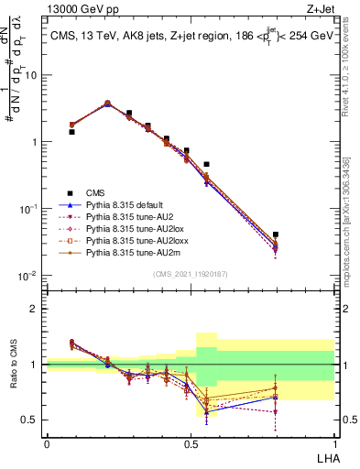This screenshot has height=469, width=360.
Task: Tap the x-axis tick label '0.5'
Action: coord(190,442)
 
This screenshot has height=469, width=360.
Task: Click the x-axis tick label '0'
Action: coord(47,442)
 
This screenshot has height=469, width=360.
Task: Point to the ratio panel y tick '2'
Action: coord(38,309)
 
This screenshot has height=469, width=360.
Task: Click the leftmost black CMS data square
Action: coord(72,132)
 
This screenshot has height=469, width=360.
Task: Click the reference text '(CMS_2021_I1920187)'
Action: coord(191,273)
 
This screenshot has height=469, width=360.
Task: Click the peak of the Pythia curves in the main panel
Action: coord(107,104)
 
